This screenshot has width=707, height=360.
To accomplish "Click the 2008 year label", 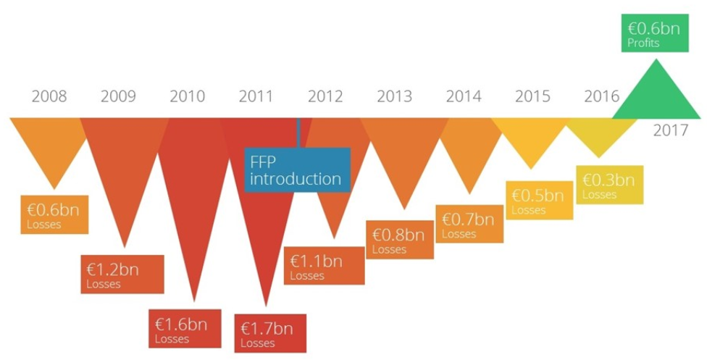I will (x=49, y=96).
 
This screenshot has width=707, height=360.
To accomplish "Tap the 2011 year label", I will (x=256, y=96).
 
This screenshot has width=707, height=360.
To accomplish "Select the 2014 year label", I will (x=464, y=96).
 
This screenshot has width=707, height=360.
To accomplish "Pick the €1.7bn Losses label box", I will (x=269, y=333).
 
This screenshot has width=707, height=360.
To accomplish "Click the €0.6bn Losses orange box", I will (x=54, y=215).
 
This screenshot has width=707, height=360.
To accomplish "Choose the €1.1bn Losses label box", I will (x=324, y=266).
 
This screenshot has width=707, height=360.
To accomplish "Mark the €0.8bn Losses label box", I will (x=400, y=240).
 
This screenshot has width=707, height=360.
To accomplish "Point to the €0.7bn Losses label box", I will (x=469, y=224).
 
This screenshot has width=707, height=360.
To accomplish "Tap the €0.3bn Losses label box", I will (x=608, y=185).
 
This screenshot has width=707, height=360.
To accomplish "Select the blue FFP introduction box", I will (x=296, y=170).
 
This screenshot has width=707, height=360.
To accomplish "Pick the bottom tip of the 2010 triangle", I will (x=194, y=297).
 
